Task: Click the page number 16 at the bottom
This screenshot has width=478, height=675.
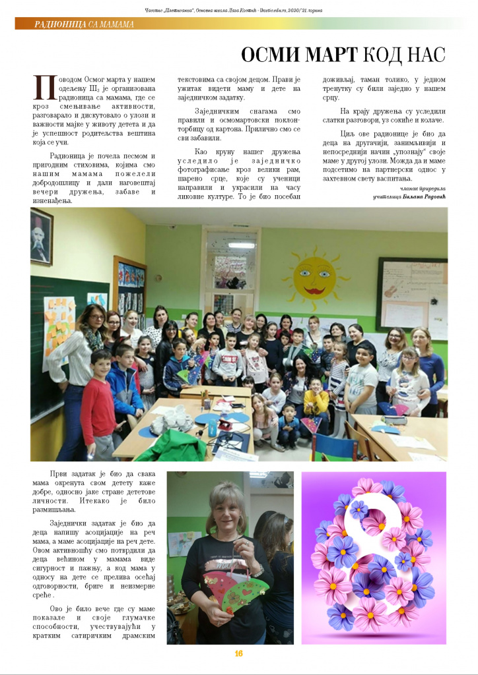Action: click(238, 653)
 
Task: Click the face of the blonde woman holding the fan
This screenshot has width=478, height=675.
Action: click(226, 508)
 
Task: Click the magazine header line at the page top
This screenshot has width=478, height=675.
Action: click(239, 9)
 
